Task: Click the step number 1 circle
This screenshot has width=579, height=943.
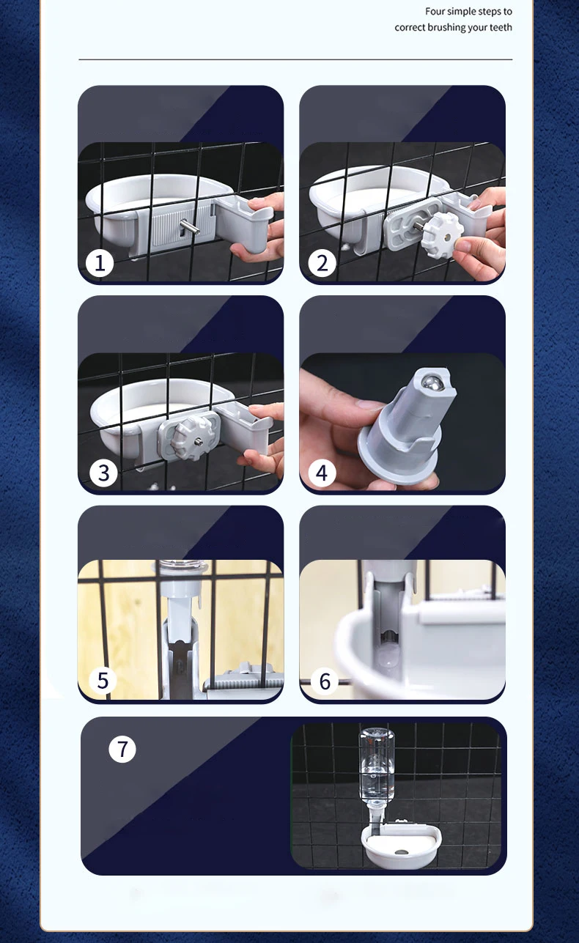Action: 100,263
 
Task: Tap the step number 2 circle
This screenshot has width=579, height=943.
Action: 322,263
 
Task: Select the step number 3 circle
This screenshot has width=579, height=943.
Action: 103,473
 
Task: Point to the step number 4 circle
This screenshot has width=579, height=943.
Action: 322,473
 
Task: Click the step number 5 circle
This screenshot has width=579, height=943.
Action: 103,680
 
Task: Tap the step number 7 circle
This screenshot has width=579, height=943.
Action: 122,749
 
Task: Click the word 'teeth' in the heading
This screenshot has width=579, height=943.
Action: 501,27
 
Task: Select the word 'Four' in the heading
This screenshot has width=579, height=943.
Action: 435,12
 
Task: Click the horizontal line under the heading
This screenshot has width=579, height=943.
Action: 295,60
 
